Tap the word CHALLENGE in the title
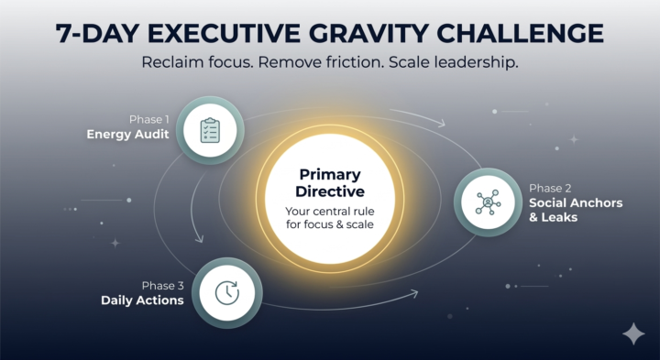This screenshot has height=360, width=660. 519,34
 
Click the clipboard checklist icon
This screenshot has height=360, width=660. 210,131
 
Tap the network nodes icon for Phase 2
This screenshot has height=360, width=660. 488,202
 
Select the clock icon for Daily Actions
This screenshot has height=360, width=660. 227,292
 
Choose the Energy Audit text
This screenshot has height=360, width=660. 125,135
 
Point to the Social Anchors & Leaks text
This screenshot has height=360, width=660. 575,210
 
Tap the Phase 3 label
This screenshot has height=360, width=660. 163,285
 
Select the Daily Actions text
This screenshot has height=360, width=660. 142,300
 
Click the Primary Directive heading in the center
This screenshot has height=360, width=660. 330,182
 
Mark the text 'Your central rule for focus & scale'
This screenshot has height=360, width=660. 329,219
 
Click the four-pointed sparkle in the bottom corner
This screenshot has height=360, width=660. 633,334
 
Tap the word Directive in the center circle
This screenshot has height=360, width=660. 330,191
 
